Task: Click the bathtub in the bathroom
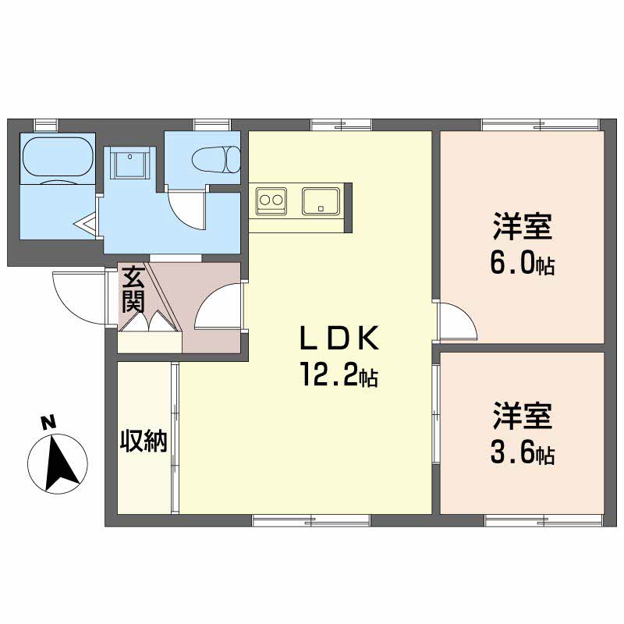(58, 157)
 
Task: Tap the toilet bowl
(216, 160)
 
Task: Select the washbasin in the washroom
(130, 162)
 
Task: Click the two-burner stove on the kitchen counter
(271, 201)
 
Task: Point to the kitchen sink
(321, 201)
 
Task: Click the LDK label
(339, 338)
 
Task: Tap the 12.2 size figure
(339, 374)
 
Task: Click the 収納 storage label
(144, 441)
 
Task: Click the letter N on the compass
(48, 422)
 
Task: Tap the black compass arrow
(61, 462)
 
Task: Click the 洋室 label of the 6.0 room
(523, 226)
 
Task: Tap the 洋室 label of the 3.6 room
(523, 416)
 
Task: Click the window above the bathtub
(46, 125)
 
